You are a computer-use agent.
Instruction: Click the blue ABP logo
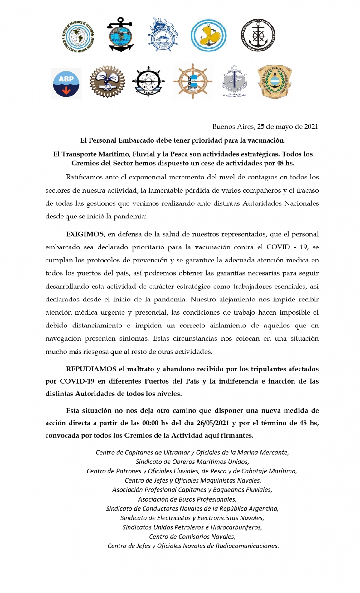click(66, 84)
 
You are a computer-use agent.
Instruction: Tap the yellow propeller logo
click(208, 36)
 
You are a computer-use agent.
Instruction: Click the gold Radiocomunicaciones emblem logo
click(274, 82)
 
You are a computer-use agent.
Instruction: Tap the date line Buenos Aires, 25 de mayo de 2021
click(265, 126)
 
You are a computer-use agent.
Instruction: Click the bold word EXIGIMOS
click(85, 234)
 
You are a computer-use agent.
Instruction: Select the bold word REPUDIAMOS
click(91, 369)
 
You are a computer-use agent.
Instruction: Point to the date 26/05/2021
click(213, 423)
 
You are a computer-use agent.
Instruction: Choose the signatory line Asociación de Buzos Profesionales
click(187, 499)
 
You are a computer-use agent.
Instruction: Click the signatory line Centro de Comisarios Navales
click(192, 537)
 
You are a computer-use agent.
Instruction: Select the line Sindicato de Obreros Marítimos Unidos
click(192, 462)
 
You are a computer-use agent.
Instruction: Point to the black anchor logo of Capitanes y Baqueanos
click(258, 36)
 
